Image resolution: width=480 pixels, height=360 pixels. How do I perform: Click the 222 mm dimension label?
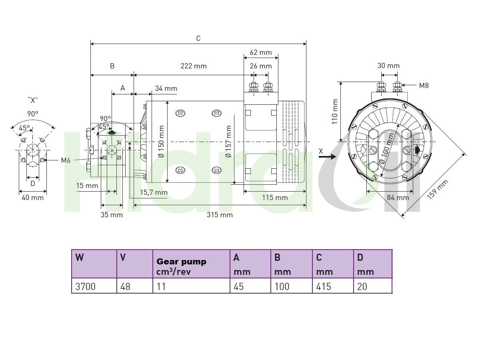pyautogui.click(x=194, y=66)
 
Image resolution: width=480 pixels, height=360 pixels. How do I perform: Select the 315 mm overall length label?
pyautogui.click(x=220, y=215)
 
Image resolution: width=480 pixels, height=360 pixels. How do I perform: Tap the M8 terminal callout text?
pyautogui.click(x=424, y=86)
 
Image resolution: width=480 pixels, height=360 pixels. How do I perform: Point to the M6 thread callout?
pyautogui.click(x=66, y=160)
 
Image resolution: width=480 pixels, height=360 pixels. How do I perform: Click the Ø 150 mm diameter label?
pyautogui.click(x=161, y=141)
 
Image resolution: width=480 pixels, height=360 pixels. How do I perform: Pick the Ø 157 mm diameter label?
pyautogui.click(x=228, y=141)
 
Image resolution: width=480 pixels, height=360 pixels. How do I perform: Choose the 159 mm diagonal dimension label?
pyautogui.click(x=438, y=189)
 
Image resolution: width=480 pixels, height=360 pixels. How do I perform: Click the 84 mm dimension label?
pyautogui.click(x=398, y=198)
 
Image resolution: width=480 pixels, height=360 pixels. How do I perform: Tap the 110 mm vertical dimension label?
pyautogui.click(x=334, y=112)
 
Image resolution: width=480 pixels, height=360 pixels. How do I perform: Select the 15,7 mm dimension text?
pyautogui.click(x=154, y=192)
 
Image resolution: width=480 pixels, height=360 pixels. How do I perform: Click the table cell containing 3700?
pyautogui.click(x=94, y=286)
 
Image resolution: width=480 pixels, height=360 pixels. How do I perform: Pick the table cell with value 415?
pyautogui.click(x=333, y=286)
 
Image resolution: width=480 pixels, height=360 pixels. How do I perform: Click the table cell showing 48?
pyautogui.click(x=135, y=286)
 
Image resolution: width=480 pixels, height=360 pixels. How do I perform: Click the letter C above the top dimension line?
pyautogui.click(x=198, y=38)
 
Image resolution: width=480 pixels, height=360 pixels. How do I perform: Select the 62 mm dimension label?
pyautogui.click(x=261, y=52)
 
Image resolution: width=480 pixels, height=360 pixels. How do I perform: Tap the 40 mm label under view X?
pyautogui.click(x=32, y=198)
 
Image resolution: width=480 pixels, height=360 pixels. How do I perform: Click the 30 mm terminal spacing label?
pyautogui.click(x=388, y=66)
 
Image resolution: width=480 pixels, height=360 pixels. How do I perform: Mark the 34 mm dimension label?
pyautogui.click(x=166, y=88)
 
